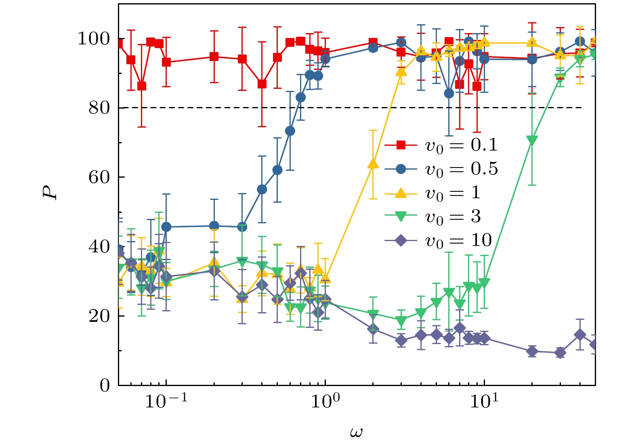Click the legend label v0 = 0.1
click(461, 145)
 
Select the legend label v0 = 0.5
click(461, 169)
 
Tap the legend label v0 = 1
click(453, 193)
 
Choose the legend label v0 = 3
click(453, 216)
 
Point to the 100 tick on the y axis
click(93, 39)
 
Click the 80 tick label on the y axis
click(99, 108)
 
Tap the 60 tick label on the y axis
click(99, 177)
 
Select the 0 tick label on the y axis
click(105, 385)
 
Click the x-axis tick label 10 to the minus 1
click(166, 402)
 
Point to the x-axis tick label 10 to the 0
click(325, 402)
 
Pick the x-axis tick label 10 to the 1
click(484, 402)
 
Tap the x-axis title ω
click(356, 432)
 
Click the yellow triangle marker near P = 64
click(373, 164)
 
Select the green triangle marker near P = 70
click(532, 141)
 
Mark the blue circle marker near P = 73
click(290, 131)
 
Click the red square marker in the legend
click(401, 145)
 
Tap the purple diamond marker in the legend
click(401, 241)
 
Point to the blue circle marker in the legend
click(401, 169)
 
